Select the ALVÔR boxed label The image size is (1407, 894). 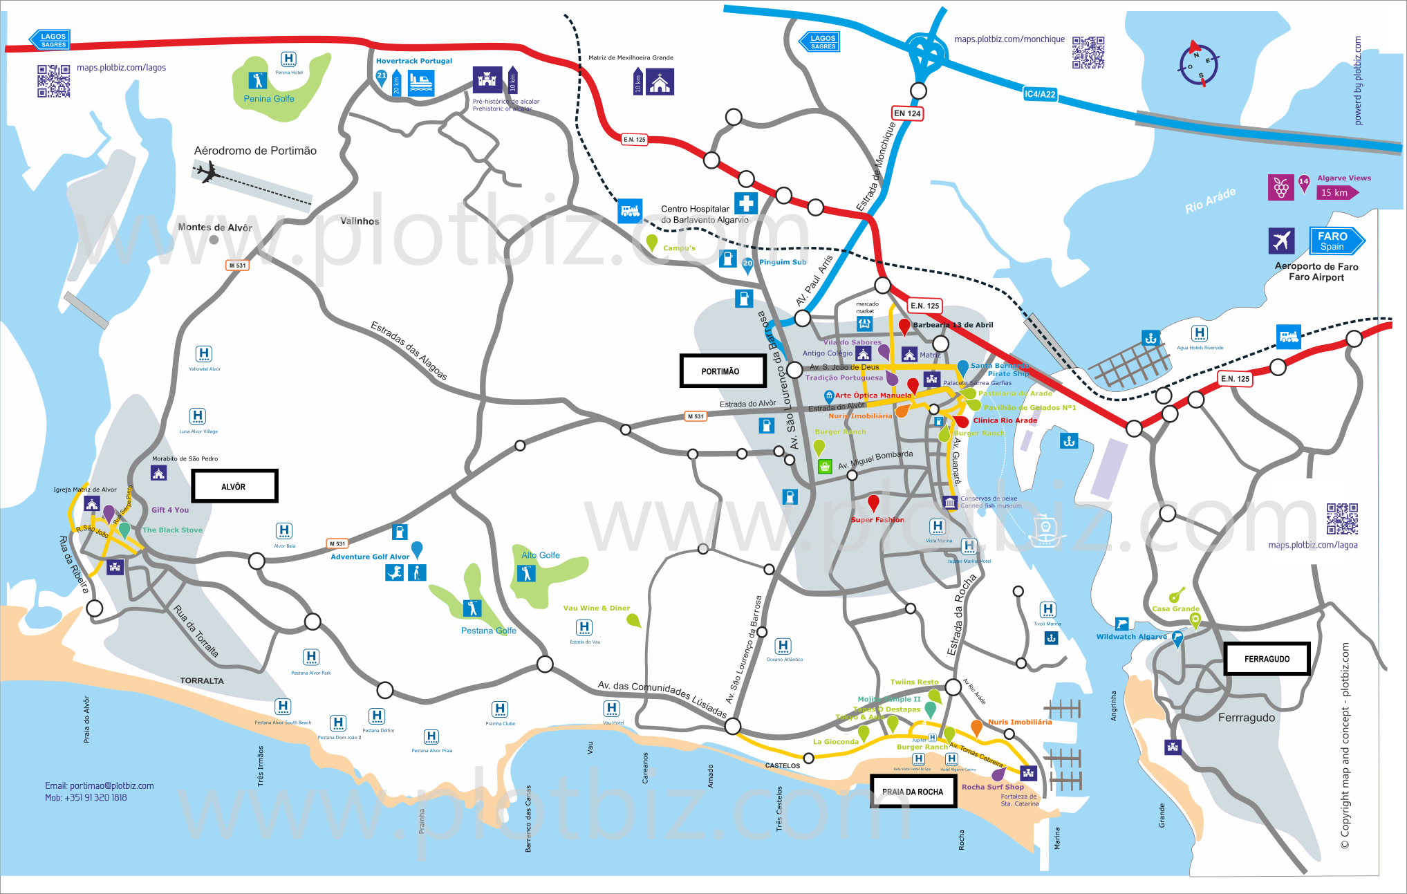(x=234, y=486)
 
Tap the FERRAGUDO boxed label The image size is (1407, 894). (x=1267, y=659)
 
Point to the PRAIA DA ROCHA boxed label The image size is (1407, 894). (x=913, y=792)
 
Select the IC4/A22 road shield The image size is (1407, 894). (x=1040, y=94)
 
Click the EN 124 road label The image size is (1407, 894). (x=907, y=113)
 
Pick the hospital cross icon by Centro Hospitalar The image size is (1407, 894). (x=746, y=203)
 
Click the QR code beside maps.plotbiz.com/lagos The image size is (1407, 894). (x=54, y=81)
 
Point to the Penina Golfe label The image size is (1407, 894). (x=269, y=99)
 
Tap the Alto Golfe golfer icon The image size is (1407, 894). (x=526, y=573)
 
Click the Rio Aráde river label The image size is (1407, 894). (x=1210, y=200)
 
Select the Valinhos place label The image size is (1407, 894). (x=360, y=221)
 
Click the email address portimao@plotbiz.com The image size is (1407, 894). (x=100, y=785)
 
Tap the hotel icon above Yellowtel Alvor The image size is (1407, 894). (x=204, y=354)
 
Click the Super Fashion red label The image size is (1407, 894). (x=877, y=520)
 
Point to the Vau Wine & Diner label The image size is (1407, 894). (x=596, y=608)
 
